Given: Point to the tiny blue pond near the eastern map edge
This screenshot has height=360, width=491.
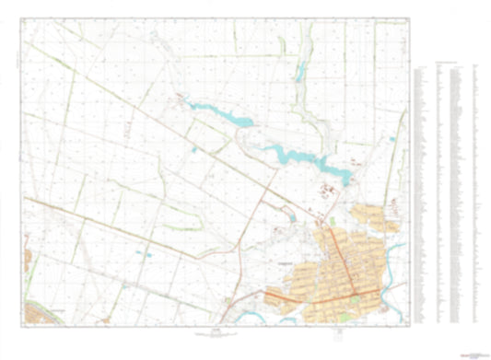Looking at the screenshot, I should pyautogui.click(x=393, y=140).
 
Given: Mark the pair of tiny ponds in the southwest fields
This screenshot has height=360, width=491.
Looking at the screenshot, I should pyautogui.click(x=139, y=250).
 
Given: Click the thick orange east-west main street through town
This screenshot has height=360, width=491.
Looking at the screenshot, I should pyautogui.click(x=322, y=296).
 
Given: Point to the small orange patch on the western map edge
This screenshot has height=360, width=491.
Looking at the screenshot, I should pyautogui.click(x=28, y=249).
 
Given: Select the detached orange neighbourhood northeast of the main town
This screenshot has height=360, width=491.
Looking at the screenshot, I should pyautogui.click(x=386, y=222).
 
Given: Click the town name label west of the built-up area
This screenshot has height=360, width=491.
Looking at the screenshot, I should pyautogui.click(x=285, y=262).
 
